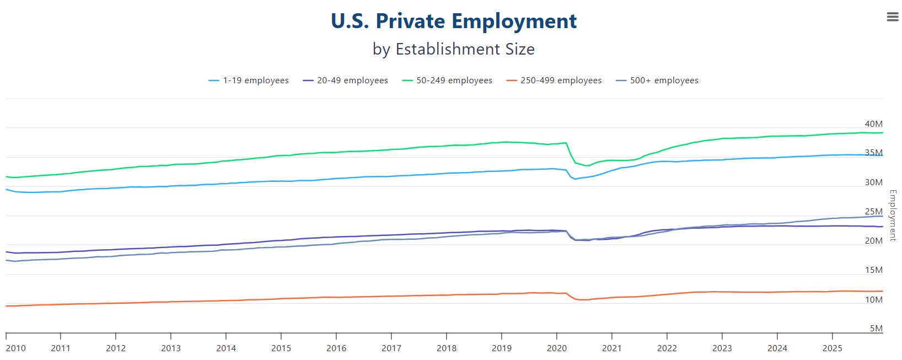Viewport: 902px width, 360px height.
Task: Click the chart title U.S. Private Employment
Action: coord(453,22)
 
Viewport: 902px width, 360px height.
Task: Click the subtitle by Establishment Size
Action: coord(453,49)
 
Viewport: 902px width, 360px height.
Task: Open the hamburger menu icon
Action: coord(892,17)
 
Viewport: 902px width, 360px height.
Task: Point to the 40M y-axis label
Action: coord(873,124)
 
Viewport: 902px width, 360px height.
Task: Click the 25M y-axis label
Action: coord(873,212)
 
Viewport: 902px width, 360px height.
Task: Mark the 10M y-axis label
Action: coord(873,300)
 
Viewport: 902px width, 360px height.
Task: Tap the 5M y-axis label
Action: coord(876,329)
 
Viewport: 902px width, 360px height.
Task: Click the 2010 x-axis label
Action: coord(16,348)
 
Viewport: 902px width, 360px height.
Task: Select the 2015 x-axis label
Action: coord(281,348)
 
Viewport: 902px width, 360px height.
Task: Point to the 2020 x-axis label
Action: coord(557,348)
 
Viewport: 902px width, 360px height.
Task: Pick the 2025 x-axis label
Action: coord(832,348)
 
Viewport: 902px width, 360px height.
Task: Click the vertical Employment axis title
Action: coord(893,215)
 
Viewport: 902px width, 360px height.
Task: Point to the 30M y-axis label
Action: coord(873,182)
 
